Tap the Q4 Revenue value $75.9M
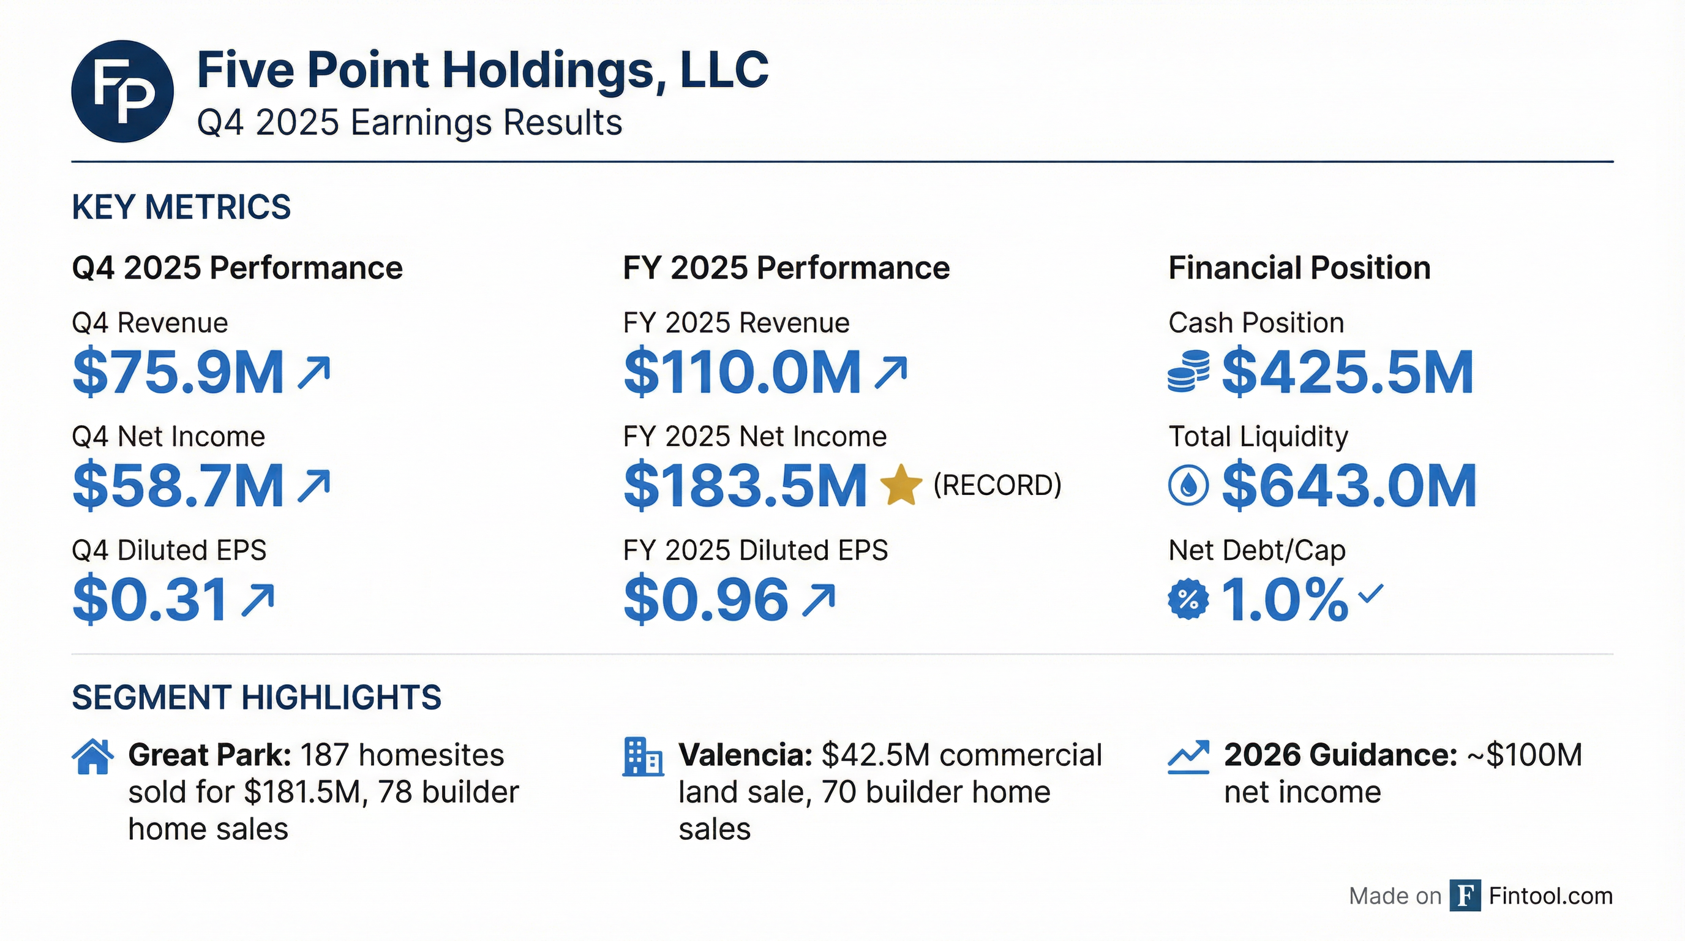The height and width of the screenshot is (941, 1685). pyautogui.click(x=178, y=372)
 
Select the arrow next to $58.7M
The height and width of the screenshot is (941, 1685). pyautogui.click(x=314, y=486)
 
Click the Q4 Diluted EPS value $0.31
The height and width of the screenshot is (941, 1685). pyautogui.click(x=150, y=599)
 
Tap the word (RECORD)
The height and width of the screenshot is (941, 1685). pyautogui.click(x=997, y=485)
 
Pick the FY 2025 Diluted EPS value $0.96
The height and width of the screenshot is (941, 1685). pyautogui.click(x=706, y=599)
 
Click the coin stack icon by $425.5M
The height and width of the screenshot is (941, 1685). pyautogui.click(x=1188, y=372)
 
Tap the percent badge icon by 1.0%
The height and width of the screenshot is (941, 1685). pyautogui.click(x=1188, y=599)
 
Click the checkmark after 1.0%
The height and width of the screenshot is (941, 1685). pyautogui.click(x=1371, y=594)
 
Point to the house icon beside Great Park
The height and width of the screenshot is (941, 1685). pyautogui.click(x=92, y=757)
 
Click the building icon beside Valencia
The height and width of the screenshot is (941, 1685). pyautogui.click(x=642, y=757)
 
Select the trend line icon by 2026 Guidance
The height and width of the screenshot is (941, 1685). pyautogui.click(x=1188, y=758)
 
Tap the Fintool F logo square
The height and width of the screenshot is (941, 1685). pyautogui.click(x=1465, y=895)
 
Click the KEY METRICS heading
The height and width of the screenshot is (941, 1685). pyautogui.click(x=181, y=208)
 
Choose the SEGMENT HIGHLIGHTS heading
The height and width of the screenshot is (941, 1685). pyautogui.click(x=257, y=698)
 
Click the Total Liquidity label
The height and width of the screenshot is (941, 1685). pyautogui.click(x=1258, y=436)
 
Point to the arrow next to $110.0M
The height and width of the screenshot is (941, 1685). pyautogui.click(x=891, y=372)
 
